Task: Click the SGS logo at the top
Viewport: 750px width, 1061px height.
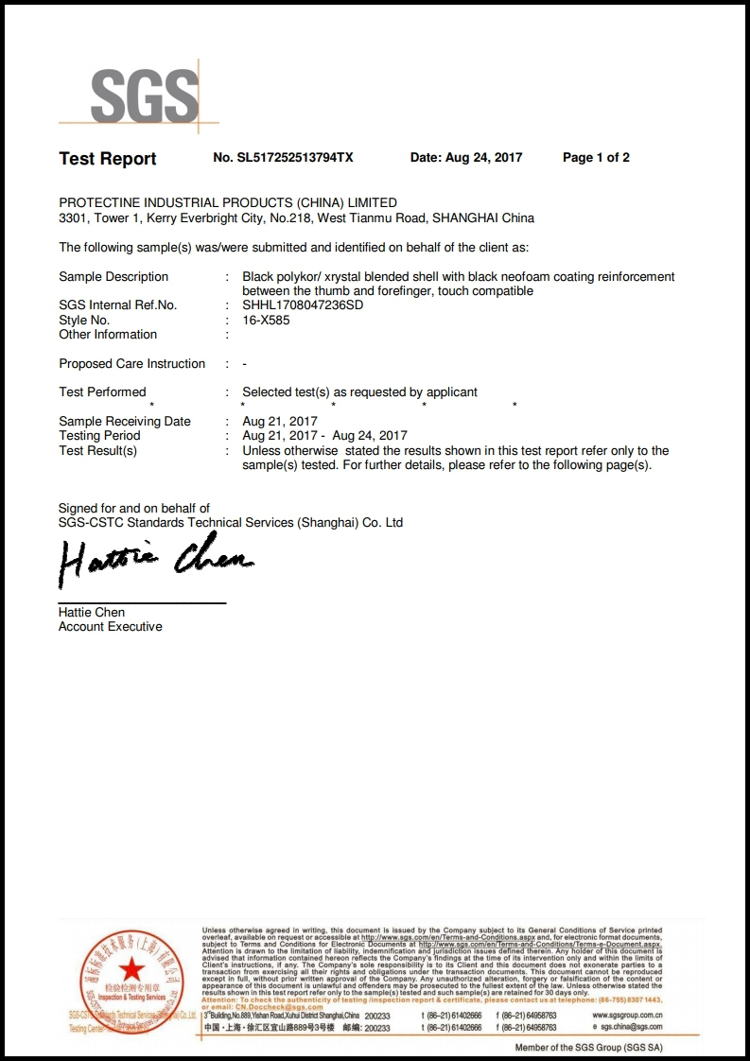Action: point(144,96)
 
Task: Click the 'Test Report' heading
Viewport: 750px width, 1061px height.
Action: point(108,159)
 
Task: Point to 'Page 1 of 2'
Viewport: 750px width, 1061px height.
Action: point(596,158)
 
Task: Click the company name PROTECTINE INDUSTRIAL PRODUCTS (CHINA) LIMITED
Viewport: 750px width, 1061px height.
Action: point(228,202)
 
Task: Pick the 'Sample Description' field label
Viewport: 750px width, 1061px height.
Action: point(113,276)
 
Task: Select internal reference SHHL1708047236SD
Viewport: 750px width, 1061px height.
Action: point(303,305)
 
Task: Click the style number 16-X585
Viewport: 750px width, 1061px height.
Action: point(267,320)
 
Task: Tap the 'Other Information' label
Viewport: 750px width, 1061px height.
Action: point(108,334)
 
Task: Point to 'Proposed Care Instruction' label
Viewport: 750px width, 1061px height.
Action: point(131,363)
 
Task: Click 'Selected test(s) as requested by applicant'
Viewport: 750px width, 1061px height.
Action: point(360,391)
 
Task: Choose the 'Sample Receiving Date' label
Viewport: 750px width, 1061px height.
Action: point(125,421)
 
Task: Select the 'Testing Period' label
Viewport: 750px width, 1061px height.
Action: point(99,435)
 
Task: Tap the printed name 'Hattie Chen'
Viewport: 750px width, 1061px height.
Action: point(92,612)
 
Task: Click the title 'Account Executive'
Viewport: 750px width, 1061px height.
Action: point(110,626)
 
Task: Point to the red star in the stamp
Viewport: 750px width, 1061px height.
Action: point(131,968)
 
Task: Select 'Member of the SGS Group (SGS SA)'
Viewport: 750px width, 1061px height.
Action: point(588,1048)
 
